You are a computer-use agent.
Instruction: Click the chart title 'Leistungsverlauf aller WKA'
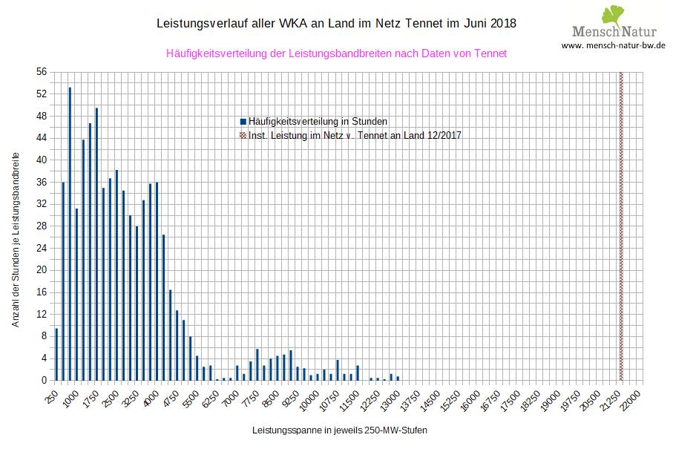pyautogui.click(x=336, y=24)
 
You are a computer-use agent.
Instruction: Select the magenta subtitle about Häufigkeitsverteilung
pyautogui.click(x=336, y=53)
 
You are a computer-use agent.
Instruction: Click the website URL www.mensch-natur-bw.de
pyautogui.click(x=613, y=45)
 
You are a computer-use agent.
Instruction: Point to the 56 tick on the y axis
pyautogui.click(x=42, y=72)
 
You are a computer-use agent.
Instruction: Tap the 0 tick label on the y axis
pyautogui.click(x=45, y=381)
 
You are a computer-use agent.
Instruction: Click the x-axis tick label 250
pyautogui.click(x=51, y=395)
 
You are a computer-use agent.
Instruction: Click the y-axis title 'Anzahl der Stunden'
pyautogui.click(x=16, y=240)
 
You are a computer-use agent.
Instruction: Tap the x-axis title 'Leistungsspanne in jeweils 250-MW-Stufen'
pyautogui.click(x=340, y=430)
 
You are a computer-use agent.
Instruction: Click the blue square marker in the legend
pyautogui.click(x=243, y=121)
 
